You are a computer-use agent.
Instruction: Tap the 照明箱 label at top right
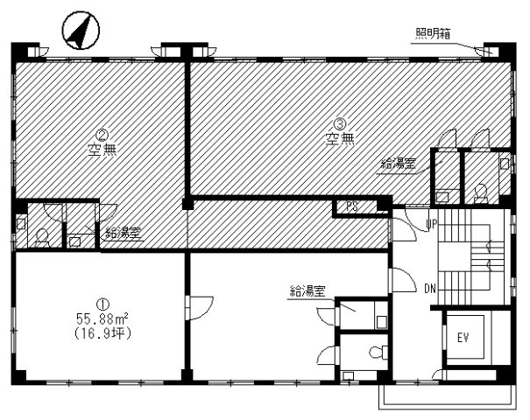pos(433,34)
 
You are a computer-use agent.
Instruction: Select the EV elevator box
pos(462,337)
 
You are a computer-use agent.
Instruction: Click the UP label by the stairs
pos(431,225)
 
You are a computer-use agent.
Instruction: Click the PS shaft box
pos(351,207)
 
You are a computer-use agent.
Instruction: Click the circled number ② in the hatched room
pos(102,135)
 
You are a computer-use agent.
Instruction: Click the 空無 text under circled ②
pos(102,149)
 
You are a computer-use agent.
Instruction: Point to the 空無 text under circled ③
pos(338,137)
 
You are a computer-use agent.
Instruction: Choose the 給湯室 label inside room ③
pos(398,163)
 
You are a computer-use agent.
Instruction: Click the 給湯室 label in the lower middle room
pos(308,290)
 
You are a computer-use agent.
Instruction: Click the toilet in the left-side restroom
pos(42,235)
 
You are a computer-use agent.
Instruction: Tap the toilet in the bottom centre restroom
pos(376,352)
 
